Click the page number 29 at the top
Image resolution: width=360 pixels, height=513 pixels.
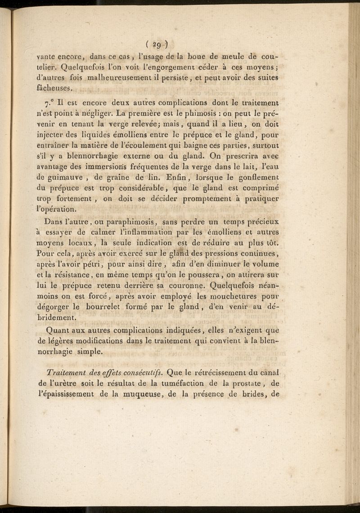pos(157,45)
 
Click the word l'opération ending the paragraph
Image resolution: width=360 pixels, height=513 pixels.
pos(56,209)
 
